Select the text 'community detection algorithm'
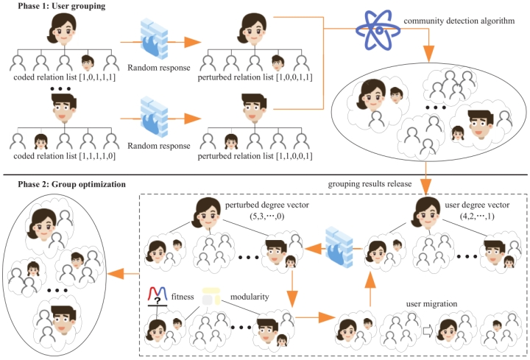tap(459, 21)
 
